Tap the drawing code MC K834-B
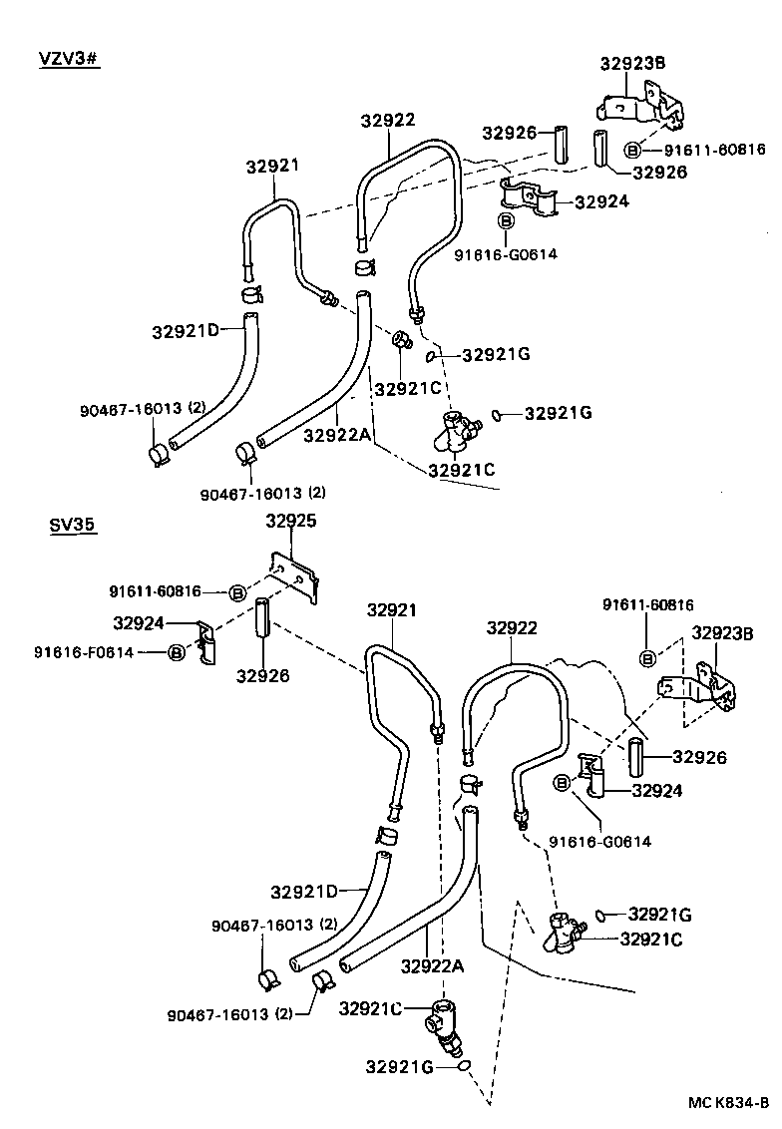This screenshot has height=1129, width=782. (x=727, y=1102)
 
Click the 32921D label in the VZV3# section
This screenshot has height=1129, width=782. (x=186, y=330)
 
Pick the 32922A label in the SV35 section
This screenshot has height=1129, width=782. (x=434, y=965)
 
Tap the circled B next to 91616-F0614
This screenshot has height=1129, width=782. (x=177, y=652)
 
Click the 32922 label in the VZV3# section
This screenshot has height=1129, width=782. (x=388, y=120)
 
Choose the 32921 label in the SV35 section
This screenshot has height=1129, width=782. (x=392, y=609)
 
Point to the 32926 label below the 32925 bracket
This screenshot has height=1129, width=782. (x=263, y=675)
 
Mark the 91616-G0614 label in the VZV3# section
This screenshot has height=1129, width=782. (x=506, y=254)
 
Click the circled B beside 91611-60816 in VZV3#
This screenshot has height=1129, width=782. (x=632, y=150)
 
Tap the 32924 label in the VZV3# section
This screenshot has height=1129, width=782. (x=602, y=200)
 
